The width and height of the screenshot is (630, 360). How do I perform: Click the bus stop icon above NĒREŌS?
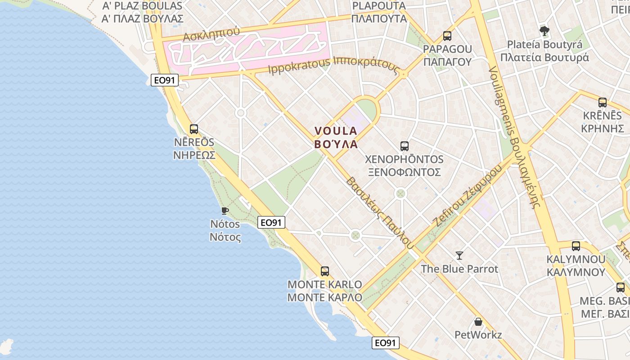click(194, 129)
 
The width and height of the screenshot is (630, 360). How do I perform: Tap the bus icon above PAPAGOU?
click(447, 36)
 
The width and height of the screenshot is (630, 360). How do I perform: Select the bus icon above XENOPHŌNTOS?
click(405, 146)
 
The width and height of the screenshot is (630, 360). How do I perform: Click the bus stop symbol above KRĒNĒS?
click(603, 103)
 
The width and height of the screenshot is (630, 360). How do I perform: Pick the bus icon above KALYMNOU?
click(576, 246)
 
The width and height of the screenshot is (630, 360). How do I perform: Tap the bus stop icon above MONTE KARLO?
click(325, 271)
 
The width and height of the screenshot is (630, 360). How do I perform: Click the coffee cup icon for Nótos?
click(225, 210)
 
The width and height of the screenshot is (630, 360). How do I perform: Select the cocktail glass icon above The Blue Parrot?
click(459, 255)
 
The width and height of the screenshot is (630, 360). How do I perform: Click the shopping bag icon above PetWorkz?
click(478, 322)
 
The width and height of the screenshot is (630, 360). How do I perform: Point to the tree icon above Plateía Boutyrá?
click(544, 31)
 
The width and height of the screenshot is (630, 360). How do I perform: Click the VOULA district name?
click(336, 131)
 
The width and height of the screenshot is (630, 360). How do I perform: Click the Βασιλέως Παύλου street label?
click(379, 212)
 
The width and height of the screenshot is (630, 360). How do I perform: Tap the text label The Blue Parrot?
click(459, 269)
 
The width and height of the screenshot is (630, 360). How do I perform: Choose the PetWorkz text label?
click(478, 335)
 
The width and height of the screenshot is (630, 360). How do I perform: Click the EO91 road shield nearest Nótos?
click(272, 222)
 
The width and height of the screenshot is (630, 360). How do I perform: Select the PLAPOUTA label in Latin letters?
click(379, 6)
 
